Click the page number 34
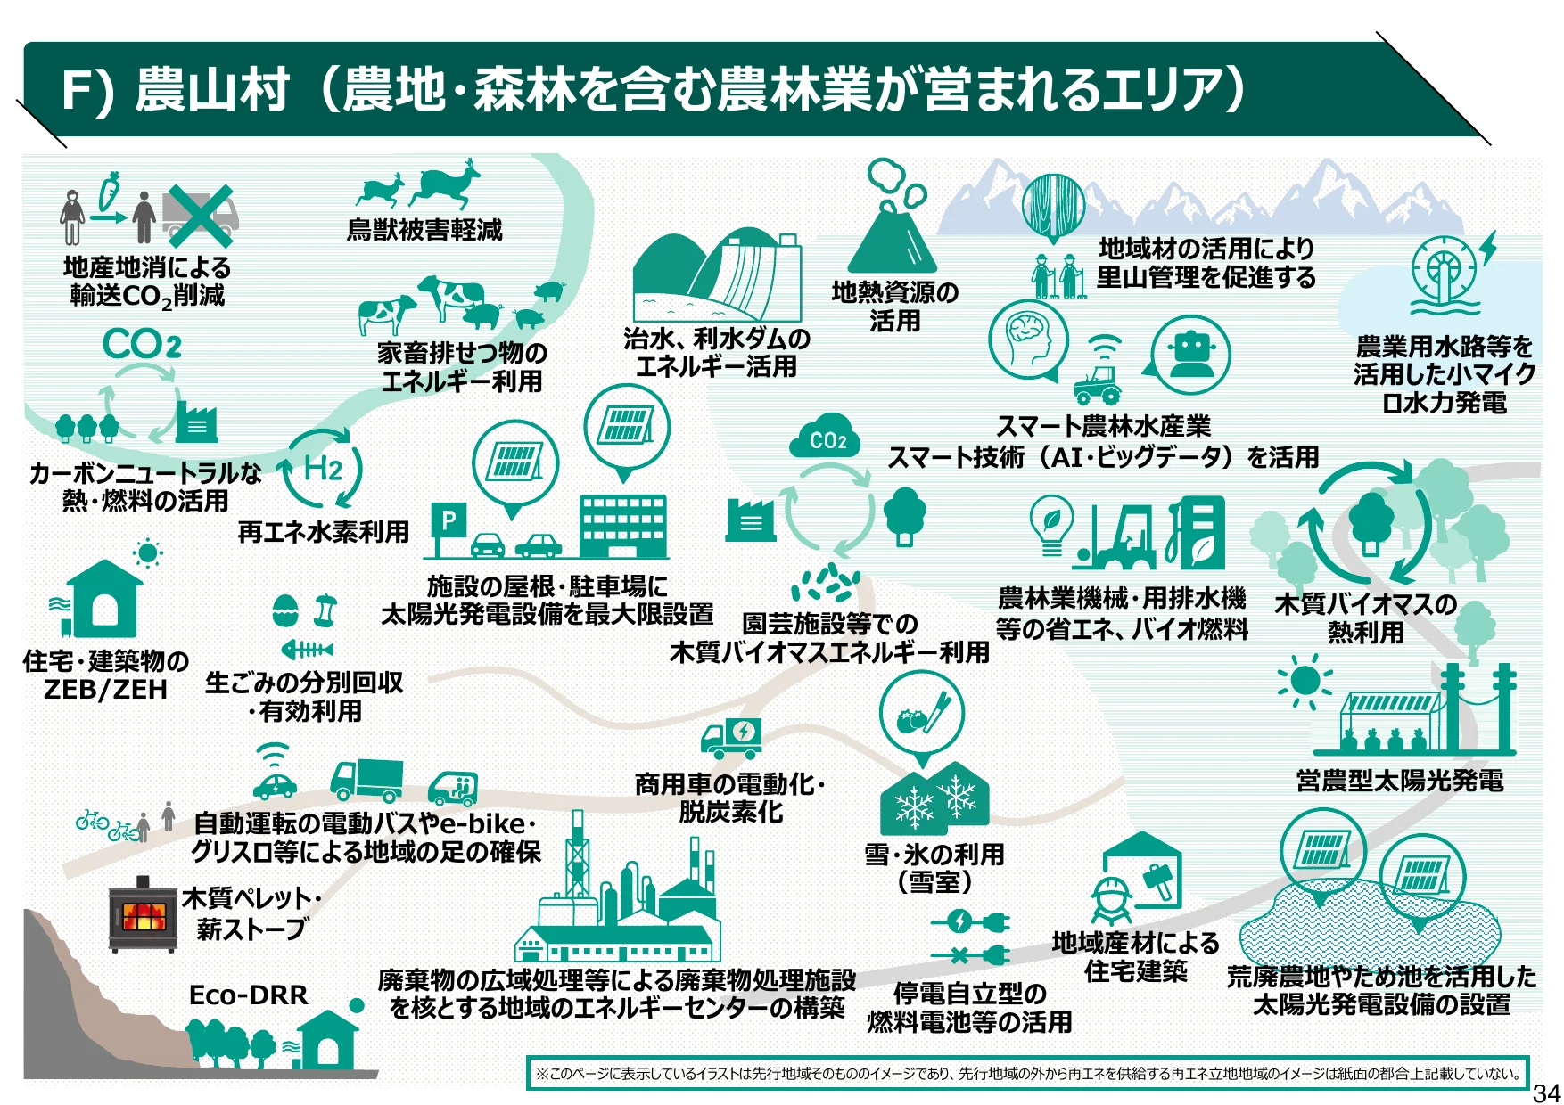tap(1545, 1093)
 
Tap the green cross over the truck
tap(201, 216)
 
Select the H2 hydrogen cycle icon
tap(322, 469)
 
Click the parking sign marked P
tap(449, 520)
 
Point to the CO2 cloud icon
tap(826, 438)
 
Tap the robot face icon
tap(1189, 354)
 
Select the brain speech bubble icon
tap(1028, 337)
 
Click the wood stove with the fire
tap(144, 915)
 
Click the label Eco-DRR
tap(248, 994)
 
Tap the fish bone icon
tap(308, 649)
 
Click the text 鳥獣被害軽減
tap(424, 231)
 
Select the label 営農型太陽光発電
tap(1399, 782)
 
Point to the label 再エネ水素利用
tap(323, 532)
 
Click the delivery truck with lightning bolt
tap(730, 738)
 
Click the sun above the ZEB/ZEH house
tap(147, 553)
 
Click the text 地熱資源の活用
tap(894, 306)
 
